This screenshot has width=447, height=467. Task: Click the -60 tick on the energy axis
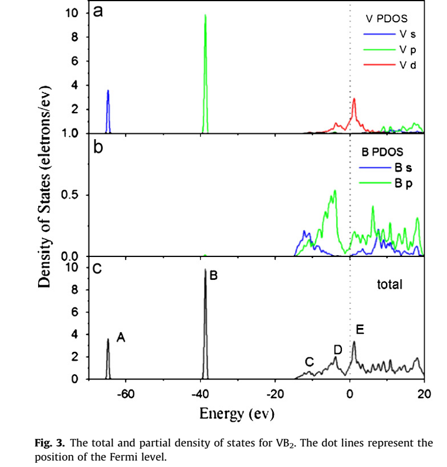coord(126,394)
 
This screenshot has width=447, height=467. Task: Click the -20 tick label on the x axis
coord(275,394)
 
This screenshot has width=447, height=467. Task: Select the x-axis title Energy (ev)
coord(237,414)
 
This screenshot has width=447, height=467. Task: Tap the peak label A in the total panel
coord(121,337)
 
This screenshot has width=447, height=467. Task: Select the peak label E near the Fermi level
coord(360,330)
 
